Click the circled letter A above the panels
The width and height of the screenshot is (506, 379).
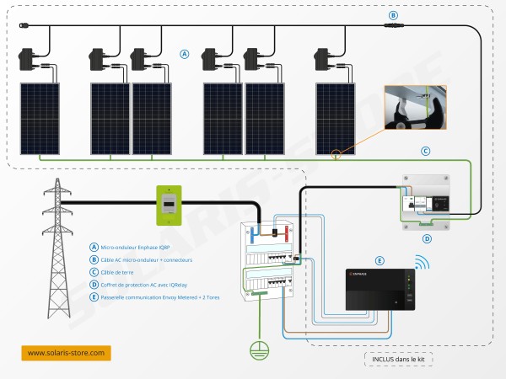point(184,54)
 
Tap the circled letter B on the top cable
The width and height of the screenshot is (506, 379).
point(392,15)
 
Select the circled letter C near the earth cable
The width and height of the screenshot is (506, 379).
point(425,152)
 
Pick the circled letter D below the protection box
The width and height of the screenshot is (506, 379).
point(427,239)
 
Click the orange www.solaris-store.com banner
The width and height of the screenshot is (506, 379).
point(66,353)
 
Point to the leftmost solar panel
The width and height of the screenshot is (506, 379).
point(40,119)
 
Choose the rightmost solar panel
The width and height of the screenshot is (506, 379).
point(336,119)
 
